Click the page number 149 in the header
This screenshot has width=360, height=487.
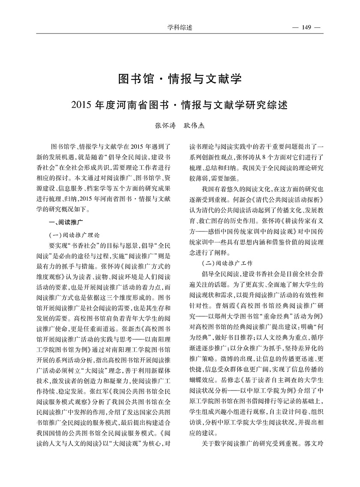coord(306,28)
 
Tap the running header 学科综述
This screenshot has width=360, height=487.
coord(180,28)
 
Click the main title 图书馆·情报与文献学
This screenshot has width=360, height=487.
coord(180,79)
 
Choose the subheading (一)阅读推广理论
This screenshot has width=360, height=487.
coord(75,235)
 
